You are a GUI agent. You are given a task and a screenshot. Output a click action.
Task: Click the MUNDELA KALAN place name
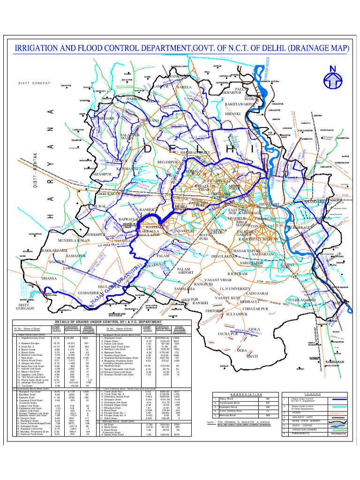click(x=74, y=240)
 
